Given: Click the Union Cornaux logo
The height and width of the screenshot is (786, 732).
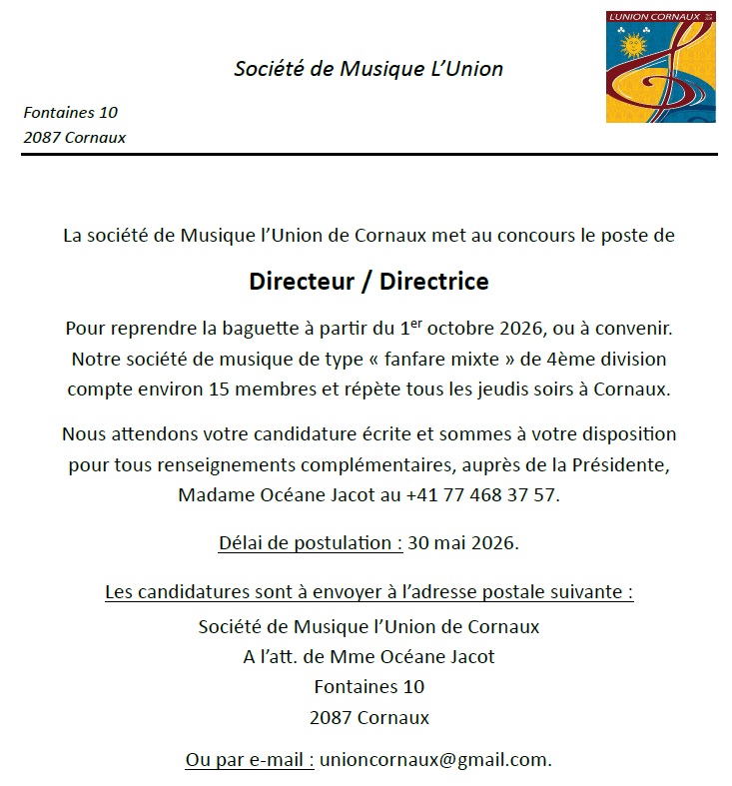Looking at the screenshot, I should (660, 67).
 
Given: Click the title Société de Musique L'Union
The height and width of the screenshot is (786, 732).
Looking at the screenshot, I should (368, 69).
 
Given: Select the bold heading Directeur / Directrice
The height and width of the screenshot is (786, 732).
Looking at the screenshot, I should (368, 281).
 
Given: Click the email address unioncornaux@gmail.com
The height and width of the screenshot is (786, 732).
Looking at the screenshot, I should (434, 759).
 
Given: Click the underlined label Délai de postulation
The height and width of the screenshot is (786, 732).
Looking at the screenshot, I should (311, 543).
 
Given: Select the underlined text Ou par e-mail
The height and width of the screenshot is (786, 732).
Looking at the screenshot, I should (250, 759).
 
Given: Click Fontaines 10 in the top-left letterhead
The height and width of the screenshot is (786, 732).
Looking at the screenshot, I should (70, 113).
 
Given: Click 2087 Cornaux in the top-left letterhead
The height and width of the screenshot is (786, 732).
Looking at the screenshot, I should (74, 137).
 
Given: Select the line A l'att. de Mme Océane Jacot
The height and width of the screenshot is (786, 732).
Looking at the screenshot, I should (368, 656).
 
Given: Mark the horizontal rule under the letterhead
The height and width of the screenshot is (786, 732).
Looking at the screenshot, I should (368, 155).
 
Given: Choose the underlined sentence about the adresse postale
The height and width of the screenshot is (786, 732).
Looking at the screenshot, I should (368, 592).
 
